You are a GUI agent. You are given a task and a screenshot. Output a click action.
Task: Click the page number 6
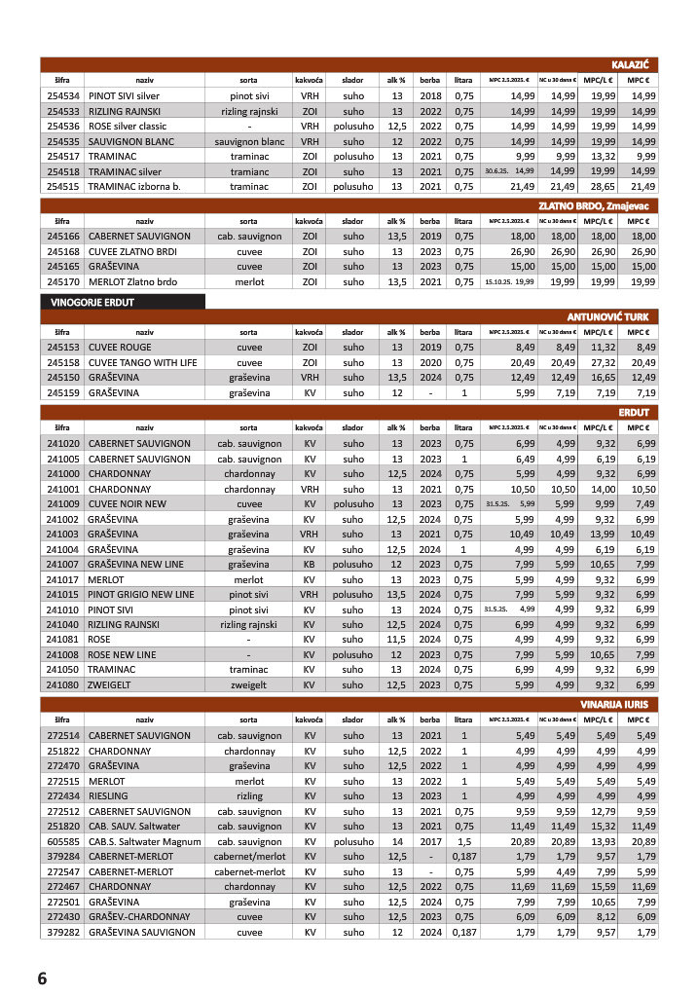[x=42, y=978]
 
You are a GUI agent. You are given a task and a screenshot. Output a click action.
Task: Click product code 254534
[x=62, y=95]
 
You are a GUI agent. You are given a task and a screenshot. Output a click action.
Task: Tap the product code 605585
[x=62, y=840]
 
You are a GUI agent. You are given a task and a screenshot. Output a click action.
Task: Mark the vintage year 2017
[x=430, y=840]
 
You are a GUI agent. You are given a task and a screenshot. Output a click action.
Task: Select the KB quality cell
[x=310, y=564]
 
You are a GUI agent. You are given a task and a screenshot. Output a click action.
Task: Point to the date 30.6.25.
[x=495, y=171]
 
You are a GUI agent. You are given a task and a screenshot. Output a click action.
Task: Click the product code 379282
[x=62, y=932]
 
